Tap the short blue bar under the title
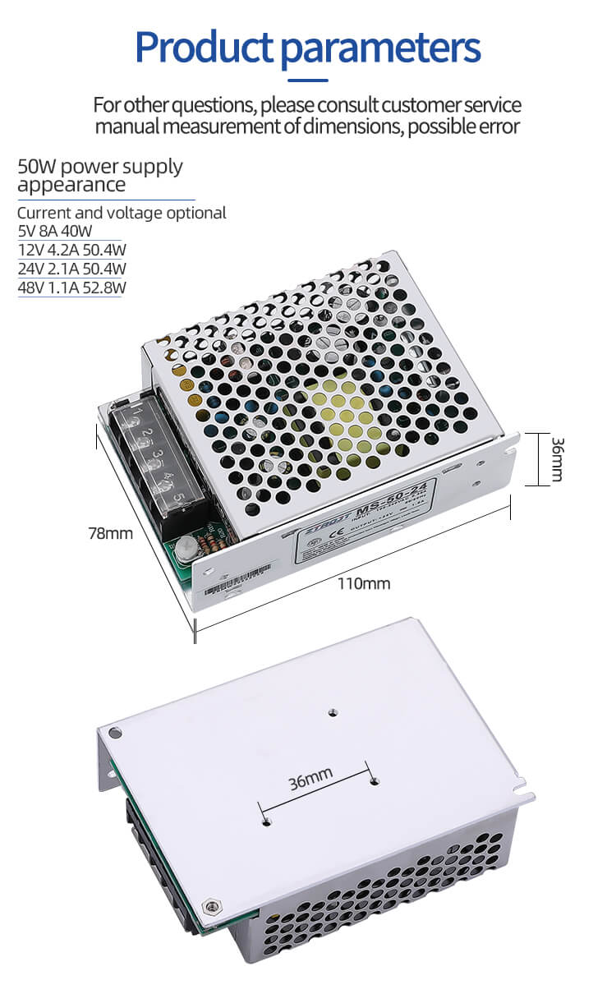pyautogui.click(x=307, y=81)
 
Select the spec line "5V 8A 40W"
pyautogui.click(x=55, y=231)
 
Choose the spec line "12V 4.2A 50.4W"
pyautogui.click(x=71, y=250)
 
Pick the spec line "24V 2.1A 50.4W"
pyautogui.click(x=71, y=269)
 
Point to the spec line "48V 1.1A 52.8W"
pyautogui.click(x=71, y=288)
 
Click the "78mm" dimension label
pyautogui.click(x=110, y=533)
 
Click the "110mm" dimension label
pyautogui.click(x=364, y=584)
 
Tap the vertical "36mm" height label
pyautogui.click(x=556, y=458)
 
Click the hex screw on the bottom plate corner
pyautogui.click(x=214, y=905)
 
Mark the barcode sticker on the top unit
pyautogui.click(x=228, y=584)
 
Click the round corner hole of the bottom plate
pyautogui.click(x=114, y=731)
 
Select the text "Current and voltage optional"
pyautogui.click(x=122, y=213)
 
